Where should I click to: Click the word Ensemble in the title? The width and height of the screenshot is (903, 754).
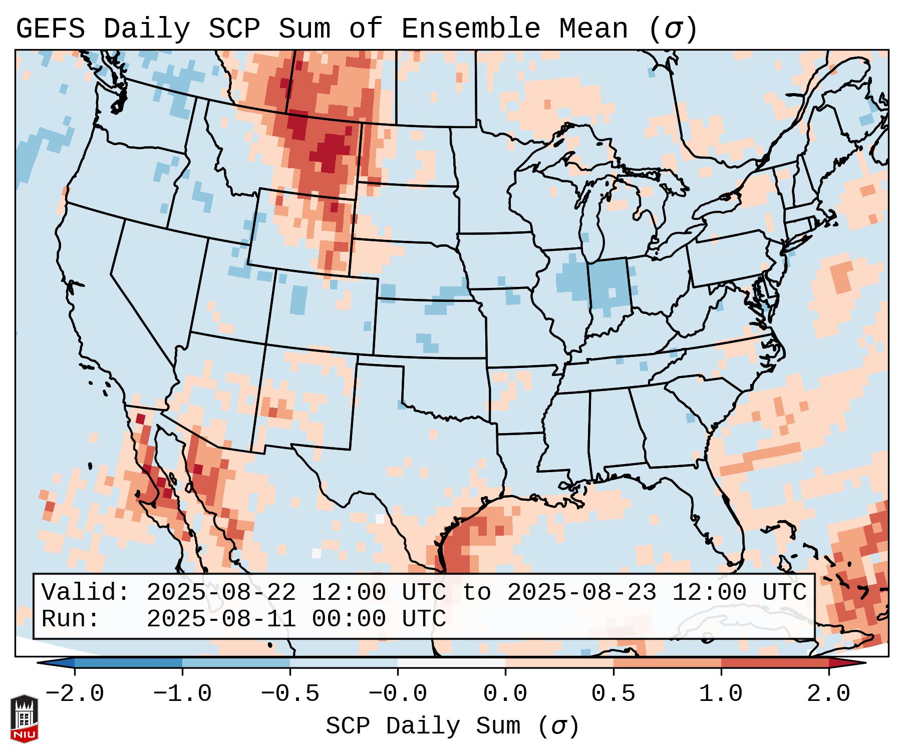470,29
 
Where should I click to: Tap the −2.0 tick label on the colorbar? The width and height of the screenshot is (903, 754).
75,694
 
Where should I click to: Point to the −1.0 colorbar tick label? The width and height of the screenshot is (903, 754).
182,694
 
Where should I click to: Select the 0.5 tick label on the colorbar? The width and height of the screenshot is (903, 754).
614,694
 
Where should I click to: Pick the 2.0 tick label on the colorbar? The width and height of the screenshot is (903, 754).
829,694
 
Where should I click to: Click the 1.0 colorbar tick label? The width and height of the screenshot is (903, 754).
721,694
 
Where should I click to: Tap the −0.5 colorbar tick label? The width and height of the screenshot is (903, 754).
290,694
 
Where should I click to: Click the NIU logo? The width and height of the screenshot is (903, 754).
24,718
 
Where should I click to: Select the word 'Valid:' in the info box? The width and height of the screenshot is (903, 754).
86,593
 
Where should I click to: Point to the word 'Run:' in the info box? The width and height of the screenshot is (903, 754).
70,619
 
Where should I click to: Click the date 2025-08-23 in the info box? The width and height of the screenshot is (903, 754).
581,593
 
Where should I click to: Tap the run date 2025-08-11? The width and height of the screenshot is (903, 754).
221,619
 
